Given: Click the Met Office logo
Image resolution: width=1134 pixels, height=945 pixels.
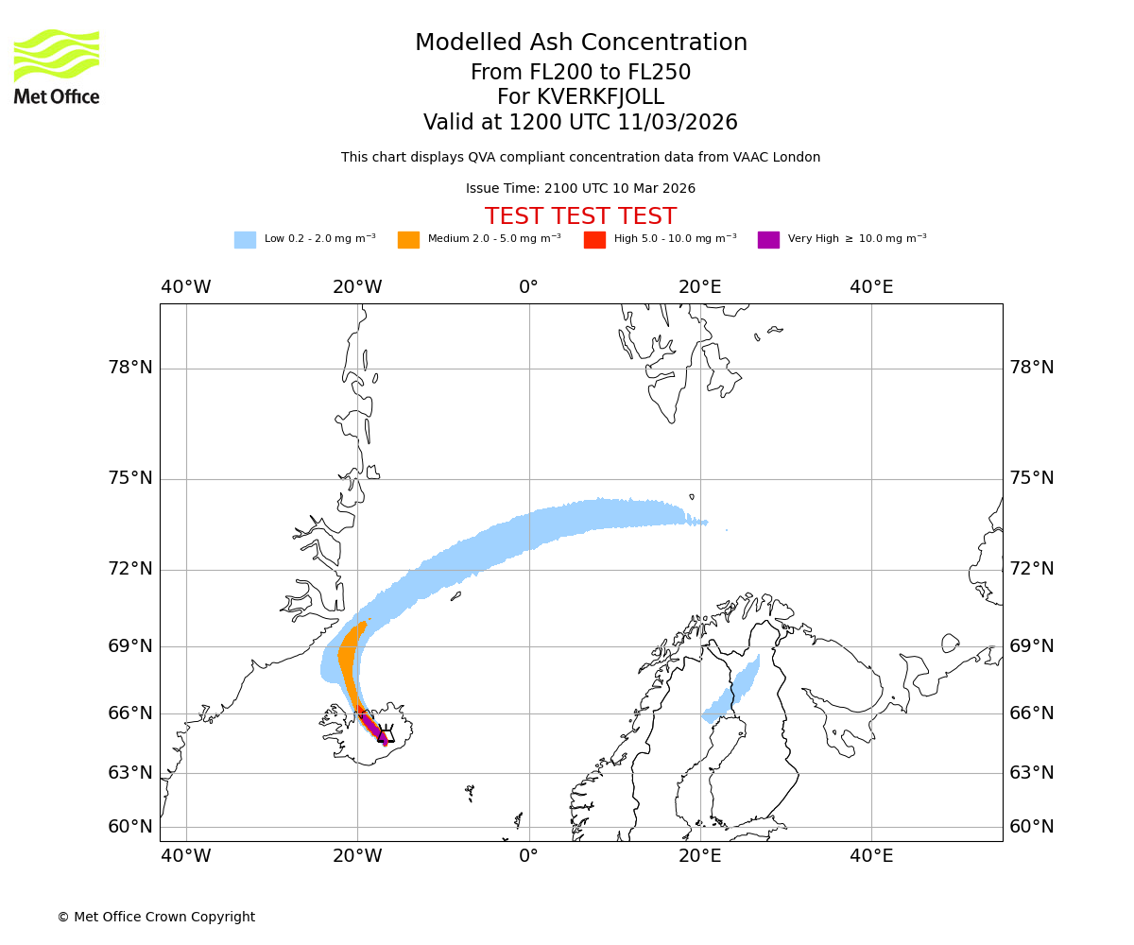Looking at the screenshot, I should [x=57, y=66].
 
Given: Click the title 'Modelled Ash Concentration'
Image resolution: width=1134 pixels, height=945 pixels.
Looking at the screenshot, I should [x=580, y=43].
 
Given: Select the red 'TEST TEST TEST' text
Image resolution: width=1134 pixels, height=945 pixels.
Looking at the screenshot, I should [x=580, y=216].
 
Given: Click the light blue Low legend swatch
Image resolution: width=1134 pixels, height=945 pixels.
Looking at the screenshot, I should [x=245, y=240].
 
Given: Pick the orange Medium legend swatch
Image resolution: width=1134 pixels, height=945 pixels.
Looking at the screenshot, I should [x=408, y=240].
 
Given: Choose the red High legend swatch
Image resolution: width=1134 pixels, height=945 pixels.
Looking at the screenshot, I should [x=594, y=240].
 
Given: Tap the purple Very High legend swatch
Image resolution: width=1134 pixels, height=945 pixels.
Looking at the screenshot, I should [x=768, y=240].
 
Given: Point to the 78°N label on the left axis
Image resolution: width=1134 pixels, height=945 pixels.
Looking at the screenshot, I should [x=130, y=368].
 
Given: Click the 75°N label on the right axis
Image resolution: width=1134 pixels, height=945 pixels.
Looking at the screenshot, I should [x=1032, y=478].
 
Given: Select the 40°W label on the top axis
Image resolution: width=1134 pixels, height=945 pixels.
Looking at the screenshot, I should [x=185, y=287].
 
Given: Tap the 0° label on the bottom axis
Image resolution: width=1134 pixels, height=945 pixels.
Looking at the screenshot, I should [x=528, y=856].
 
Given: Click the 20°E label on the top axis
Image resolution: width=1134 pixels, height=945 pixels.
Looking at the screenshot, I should [x=699, y=287].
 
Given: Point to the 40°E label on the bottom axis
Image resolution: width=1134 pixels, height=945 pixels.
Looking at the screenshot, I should [x=870, y=856].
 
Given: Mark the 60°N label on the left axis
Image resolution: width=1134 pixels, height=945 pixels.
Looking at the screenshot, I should [x=130, y=827].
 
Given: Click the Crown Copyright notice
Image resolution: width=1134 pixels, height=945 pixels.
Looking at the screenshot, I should [x=156, y=917].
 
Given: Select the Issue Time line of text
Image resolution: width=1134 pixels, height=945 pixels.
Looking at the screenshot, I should [x=580, y=189].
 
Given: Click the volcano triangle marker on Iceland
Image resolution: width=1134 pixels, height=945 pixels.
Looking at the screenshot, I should [x=383, y=736].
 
